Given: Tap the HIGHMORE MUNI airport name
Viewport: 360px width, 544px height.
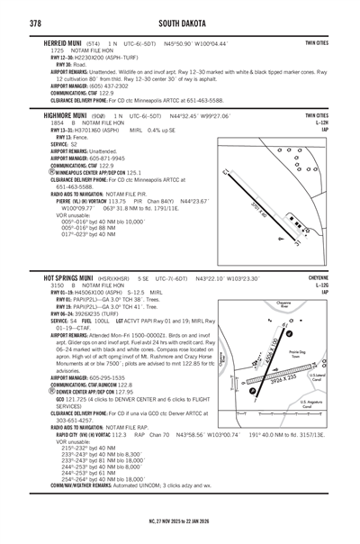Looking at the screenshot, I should point(71,116).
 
